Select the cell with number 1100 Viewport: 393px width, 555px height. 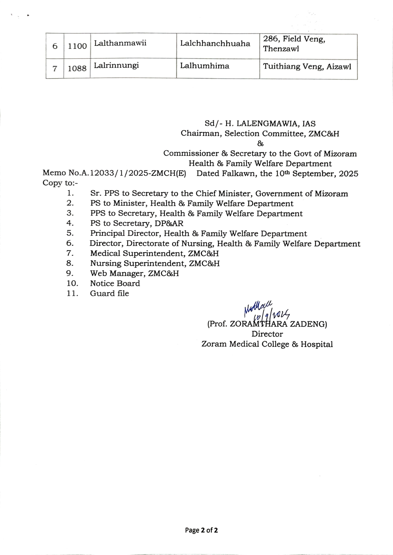(x=77, y=46)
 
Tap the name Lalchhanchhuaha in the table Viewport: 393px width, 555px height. (x=215, y=44)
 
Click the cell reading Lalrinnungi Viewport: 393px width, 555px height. (x=116, y=66)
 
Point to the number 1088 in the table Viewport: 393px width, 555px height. (x=77, y=68)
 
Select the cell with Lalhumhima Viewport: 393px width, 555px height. (x=205, y=66)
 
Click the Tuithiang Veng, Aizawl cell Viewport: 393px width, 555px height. (x=307, y=67)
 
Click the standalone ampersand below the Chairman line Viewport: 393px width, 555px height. (x=260, y=144)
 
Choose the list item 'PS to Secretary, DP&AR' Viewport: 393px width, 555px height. (x=136, y=223)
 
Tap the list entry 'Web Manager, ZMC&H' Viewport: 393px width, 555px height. (x=134, y=273)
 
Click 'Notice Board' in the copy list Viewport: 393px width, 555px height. (x=115, y=283)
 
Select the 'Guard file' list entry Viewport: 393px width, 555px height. (x=109, y=294)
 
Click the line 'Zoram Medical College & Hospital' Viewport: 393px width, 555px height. (x=267, y=344)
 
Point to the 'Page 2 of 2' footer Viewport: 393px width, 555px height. (x=202, y=530)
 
